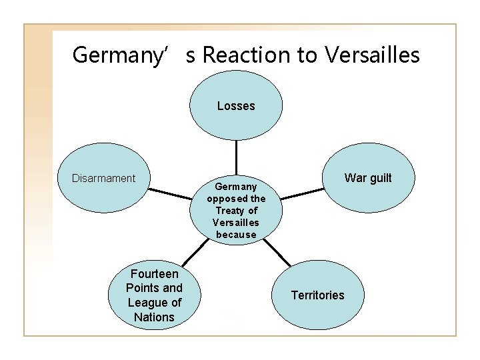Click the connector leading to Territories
pyautogui.click(x=281, y=253)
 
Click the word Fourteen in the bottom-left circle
pyautogui.click(x=154, y=274)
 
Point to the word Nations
pyautogui.click(x=154, y=317)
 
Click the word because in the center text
pyautogui.click(x=236, y=235)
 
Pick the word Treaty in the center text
pyautogui.click(x=230, y=211)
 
